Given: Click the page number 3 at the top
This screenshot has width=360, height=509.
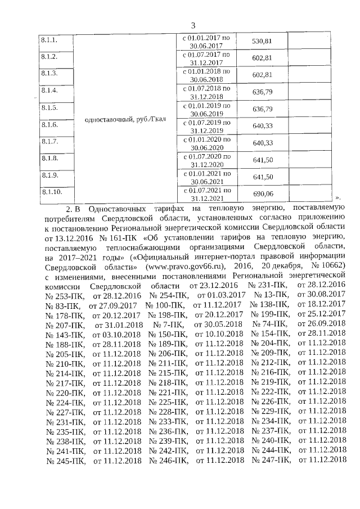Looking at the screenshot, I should (192, 25).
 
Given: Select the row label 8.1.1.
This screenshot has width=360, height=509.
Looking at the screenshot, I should (49, 40).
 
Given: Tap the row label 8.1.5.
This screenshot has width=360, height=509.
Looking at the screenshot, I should (49, 107).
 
